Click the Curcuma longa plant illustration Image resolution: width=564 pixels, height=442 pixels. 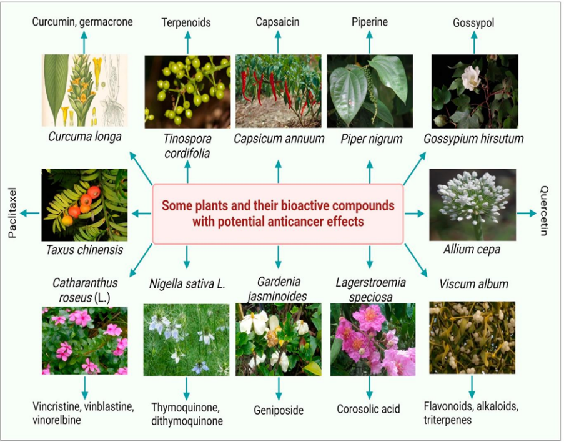tap(84, 91)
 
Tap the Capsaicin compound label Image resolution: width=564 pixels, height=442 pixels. tap(277, 22)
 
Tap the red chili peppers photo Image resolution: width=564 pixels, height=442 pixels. tap(277, 91)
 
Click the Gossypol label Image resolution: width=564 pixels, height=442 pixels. tap(473, 22)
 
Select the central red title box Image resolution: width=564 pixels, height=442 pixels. tap(277, 214)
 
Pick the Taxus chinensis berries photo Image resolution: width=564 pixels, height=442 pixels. tap(84, 205)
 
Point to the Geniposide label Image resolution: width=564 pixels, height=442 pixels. tap(278, 410)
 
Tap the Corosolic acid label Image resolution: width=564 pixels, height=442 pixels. tap(369, 410)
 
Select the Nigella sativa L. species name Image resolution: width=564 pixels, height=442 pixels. tap(186, 284)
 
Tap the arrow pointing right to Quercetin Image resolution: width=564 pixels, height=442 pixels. tap(527, 214)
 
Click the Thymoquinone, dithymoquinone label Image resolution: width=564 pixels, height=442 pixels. tap(187, 414)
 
